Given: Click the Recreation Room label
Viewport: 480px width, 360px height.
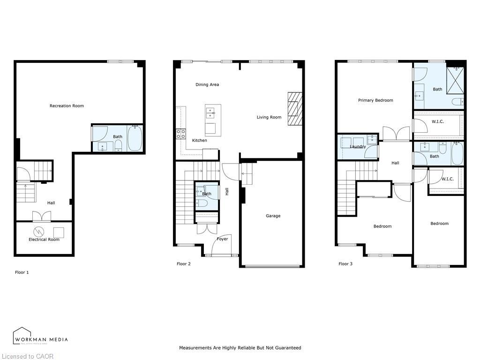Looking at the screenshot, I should click(x=67, y=106).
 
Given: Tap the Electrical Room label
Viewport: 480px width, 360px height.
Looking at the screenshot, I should click(x=44, y=240).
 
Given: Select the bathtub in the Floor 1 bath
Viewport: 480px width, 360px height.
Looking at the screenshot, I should click(x=135, y=138).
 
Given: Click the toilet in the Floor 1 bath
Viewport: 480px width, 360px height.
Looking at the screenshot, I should click(x=118, y=145).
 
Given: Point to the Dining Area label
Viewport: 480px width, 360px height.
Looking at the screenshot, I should click(x=207, y=85).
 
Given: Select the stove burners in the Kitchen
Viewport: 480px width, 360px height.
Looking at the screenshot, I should click(x=180, y=134).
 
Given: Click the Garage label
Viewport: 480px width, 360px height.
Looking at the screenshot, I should click(x=273, y=216).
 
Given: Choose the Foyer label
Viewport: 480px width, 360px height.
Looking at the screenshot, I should click(x=222, y=239).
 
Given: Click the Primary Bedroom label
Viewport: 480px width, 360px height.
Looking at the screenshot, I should click(x=375, y=100).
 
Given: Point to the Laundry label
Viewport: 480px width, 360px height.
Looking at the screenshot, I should click(x=358, y=147).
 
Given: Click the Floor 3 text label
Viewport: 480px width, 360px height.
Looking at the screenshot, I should click(x=345, y=264).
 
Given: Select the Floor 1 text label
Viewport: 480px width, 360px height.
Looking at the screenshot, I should click(x=22, y=272).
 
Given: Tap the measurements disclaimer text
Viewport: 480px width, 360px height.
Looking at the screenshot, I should click(x=240, y=348).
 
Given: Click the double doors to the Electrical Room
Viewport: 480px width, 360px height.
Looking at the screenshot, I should click(x=41, y=217).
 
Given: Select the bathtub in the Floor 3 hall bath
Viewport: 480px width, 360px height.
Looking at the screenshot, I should click(x=457, y=153).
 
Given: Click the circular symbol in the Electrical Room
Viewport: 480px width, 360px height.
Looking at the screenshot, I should click(x=38, y=232).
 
